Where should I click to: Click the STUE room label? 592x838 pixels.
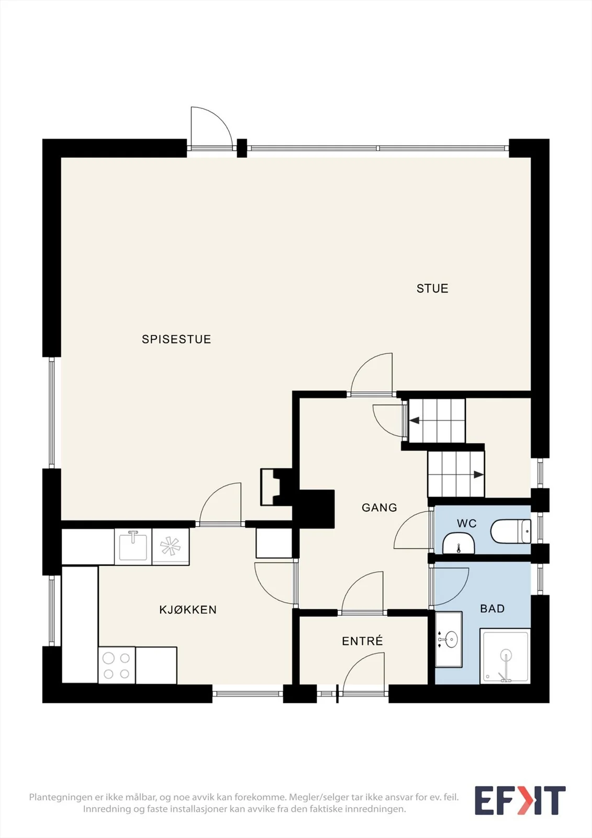point(432,289)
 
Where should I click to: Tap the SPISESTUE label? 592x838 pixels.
point(176,339)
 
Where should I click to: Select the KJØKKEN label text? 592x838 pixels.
point(188,610)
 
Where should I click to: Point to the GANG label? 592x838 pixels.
point(379,508)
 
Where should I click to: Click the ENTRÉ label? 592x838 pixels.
point(362,641)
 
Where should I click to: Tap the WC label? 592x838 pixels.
point(467,523)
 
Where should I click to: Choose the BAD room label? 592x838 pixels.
point(492,609)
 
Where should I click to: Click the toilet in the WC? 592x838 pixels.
point(510,531)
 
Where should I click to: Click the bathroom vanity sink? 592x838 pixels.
point(449,639)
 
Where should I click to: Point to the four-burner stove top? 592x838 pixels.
point(117,666)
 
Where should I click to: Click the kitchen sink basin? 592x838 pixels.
point(133,547)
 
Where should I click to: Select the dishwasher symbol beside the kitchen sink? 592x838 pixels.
point(171,547)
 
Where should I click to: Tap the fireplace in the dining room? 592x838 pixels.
point(276,487)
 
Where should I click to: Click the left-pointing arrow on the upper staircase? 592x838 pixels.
point(415,421)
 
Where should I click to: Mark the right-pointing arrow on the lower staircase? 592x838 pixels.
point(478,475)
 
